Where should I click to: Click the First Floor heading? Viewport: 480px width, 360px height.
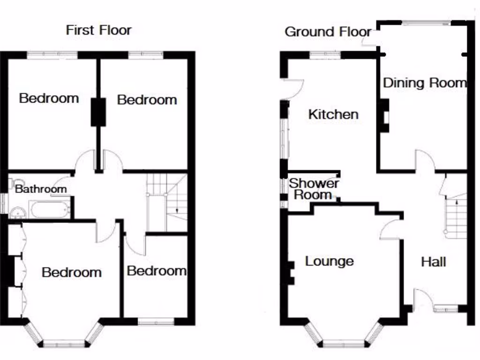[x=98, y=30]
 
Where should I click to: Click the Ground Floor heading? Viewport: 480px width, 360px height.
[x=328, y=32]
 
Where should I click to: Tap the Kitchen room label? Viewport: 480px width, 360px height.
[x=333, y=114]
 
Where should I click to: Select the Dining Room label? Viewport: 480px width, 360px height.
[x=425, y=83]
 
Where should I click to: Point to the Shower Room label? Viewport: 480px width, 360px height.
[x=313, y=189]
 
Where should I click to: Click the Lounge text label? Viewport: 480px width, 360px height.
[x=329, y=261]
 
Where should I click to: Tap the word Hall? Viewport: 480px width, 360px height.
[x=433, y=262]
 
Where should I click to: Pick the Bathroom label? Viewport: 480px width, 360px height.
[x=41, y=189]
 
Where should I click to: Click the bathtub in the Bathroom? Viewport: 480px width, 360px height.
[x=50, y=210]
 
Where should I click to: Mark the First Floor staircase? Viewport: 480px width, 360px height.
[x=166, y=202]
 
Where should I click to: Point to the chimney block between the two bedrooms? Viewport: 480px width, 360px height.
[x=98, y=112]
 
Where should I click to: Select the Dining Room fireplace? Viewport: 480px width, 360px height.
[x=384, y=116]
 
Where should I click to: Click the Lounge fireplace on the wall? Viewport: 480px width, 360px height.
[x=289, y=273]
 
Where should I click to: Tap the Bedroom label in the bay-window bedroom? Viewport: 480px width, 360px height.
[x=71, y=272]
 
